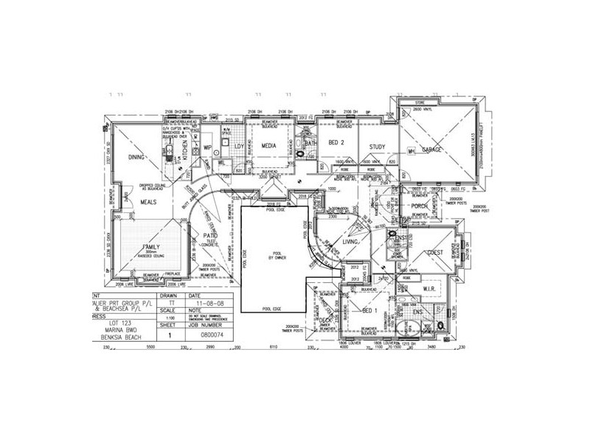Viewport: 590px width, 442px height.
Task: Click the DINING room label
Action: pyautogui.click(x=135, y=157)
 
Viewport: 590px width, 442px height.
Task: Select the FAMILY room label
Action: pyautogui.click(x=152, y=247)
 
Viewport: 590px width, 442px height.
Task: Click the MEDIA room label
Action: pyautogui.click(x=269, y=146)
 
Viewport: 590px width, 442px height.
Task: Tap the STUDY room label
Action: pyautogui.click(x=378, y=147)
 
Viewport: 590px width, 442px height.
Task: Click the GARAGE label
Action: pyautogui.click(x=431, y=150)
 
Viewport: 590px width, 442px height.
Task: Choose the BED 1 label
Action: pyautogui.click(x=371, y=310)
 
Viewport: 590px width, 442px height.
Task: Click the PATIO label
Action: pyautogui.click(x=209, y=236)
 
